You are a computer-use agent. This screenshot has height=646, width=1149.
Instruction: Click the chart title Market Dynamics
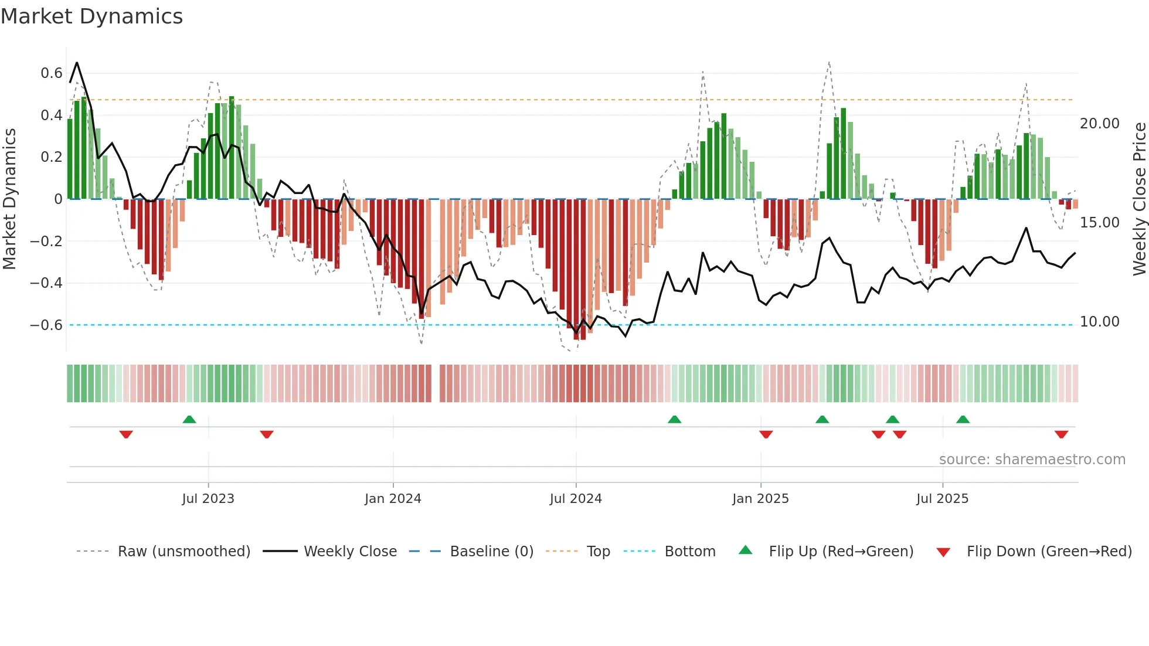pyautogui.click(x=92, y=16)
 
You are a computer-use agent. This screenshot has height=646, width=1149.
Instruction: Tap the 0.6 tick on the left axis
pyautogui.click(x=52, y=73)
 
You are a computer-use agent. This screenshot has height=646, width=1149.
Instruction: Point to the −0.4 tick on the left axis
pyautogui.click(x=46, y=283)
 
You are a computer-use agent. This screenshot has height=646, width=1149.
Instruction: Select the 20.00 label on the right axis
pyautogui.click(x=1100, y=124)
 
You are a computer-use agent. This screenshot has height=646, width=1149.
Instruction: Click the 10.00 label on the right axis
pyautogui.click(x=1100, y=322)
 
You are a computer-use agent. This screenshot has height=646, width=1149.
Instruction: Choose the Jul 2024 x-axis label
pyautogui.click(x=576, y=499)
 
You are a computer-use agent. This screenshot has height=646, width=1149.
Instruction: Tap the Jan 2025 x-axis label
pyautogui.click(x=760, y=499)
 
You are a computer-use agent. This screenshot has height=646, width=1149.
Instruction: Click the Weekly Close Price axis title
pyautogui.click(x=1139, y=199)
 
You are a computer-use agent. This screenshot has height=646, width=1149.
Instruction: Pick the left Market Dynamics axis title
pyautogui.click(x=9, y=199)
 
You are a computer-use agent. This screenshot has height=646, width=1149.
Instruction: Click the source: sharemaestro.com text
pyautogui.click(x=1032, y=460)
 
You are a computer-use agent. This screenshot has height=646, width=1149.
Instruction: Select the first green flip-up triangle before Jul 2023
pyautogui.click(x=189, y=420)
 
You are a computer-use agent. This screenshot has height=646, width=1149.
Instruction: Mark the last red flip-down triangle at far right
pyautogui.click(x=1061, y=434)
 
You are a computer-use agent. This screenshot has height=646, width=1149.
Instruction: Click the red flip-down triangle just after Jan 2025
pyautogui.click(x=766, y=434)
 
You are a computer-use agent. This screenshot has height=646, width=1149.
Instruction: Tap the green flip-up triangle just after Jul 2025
pyautogui.click(x=963, y=420)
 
